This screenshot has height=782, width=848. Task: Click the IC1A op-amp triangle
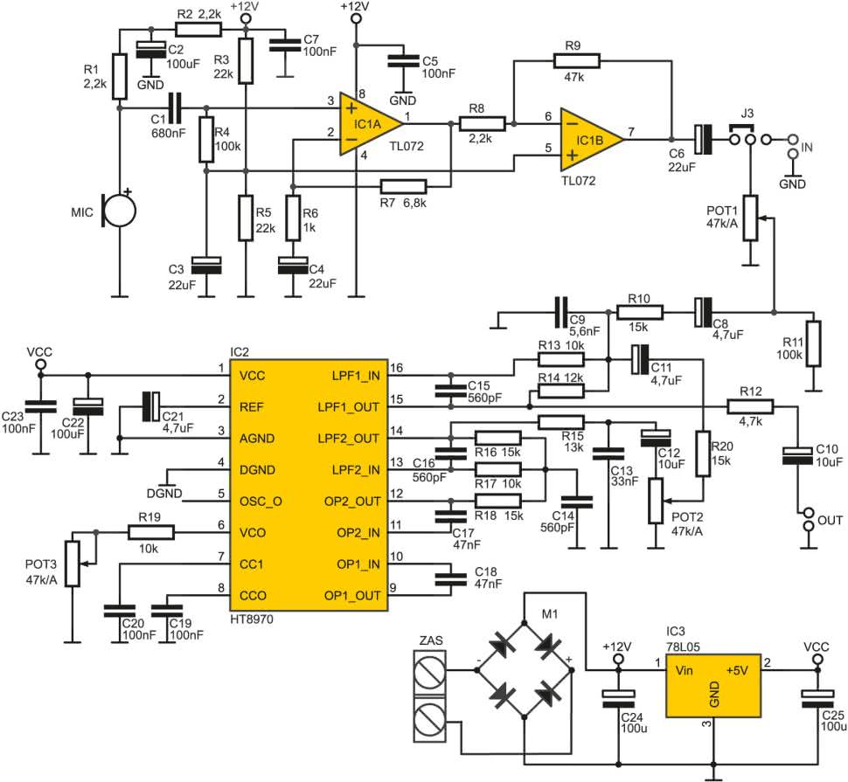(x=368, y=124)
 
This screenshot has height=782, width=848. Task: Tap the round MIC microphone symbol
(x=119, y=211)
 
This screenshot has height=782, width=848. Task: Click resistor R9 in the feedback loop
(x=576, y=60)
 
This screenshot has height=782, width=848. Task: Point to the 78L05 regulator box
(x=712, y=686)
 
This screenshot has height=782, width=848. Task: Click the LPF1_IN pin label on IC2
(x=356, y=376)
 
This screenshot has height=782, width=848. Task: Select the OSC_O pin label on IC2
(x=261, y=502)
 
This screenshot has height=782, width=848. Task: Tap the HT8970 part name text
(x=252, y=619)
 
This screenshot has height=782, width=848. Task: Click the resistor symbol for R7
(x=403, y=187)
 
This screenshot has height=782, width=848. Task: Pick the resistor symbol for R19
(x=151, y=533)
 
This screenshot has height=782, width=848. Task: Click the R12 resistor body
(x=750, y=406)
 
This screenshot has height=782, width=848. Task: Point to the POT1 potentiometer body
(x=749, y=218)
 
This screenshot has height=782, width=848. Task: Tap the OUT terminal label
(x=831, y=521)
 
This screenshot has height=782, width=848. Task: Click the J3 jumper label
(x=747, y=113)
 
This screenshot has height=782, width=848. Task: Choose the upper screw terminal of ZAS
(x=430, y=671)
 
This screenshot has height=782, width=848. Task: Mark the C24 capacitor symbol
(x=618, y=699)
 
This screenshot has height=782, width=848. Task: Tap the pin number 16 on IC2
(x=396, y=368)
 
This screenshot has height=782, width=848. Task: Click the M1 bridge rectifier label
(x=550, y=614)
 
